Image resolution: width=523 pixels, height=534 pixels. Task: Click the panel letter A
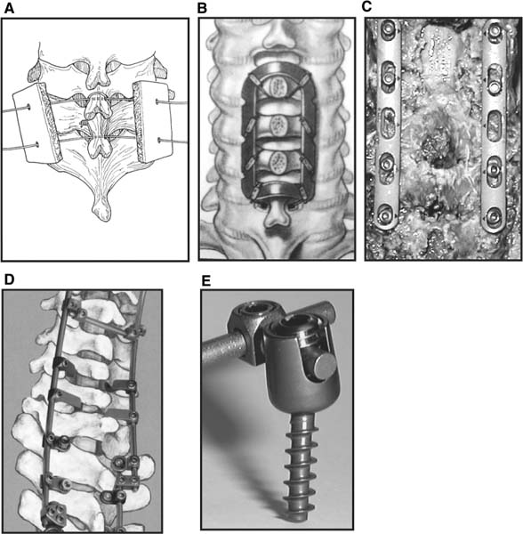coord(9,8)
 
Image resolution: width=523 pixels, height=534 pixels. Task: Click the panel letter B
coord(202,8)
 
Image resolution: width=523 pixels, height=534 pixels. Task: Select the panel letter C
coord(366,7)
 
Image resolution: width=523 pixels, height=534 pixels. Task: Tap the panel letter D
coord(9,279)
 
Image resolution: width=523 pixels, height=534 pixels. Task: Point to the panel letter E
coord(205,281)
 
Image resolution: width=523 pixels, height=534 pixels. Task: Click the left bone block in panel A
coord(36,124)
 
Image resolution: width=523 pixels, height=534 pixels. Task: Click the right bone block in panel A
coord(152,121)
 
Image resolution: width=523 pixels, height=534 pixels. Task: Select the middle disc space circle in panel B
coord(278,125)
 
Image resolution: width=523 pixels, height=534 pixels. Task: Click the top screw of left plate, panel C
coord(389,28)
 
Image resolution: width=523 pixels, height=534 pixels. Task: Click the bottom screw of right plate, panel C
coord(493,216)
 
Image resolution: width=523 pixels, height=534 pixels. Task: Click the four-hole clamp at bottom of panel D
coord(54,513)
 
